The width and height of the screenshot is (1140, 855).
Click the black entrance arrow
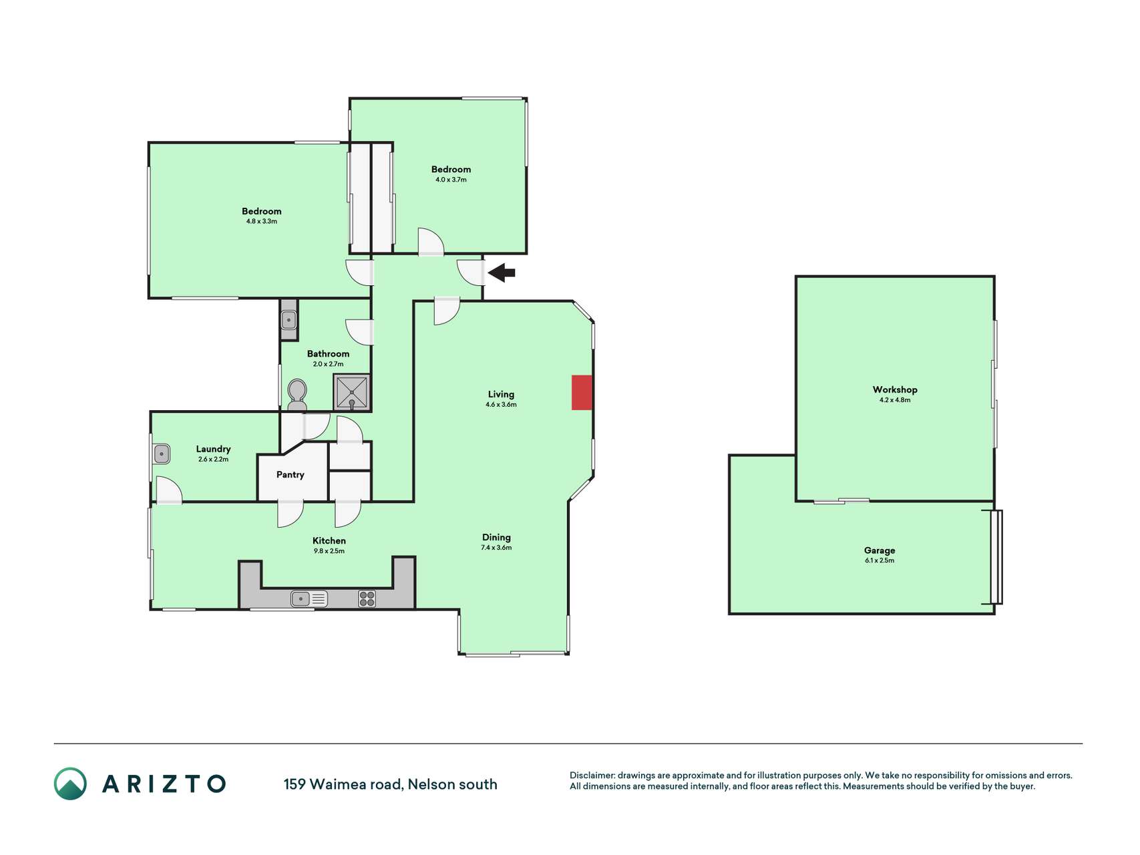tap(502, 273)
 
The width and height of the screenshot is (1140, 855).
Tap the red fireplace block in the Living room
tap(582, 393)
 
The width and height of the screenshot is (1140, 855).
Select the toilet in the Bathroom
tap(297, 395)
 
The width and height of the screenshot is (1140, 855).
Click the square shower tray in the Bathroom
tap(351, 392)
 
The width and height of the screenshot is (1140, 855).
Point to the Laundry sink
tap(162, 454)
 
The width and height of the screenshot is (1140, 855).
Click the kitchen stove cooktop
tap(367, 598)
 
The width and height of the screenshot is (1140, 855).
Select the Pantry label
tap(291, 475)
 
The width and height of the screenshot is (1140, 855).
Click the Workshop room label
tap(895, 389)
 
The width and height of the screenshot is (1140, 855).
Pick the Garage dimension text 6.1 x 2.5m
tap(880, 560)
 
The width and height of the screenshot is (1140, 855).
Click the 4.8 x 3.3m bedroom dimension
tap(262, 221)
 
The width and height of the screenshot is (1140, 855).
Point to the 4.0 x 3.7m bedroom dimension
tap(451, 180)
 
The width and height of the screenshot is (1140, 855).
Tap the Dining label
tap(496, 537)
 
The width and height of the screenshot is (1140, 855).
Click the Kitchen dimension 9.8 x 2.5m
tap(329, 551)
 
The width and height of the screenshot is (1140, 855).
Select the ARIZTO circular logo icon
tap(70, 784)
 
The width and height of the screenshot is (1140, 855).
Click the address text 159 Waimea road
tap(343, 784)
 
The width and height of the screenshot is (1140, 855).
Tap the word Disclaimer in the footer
tap(592, 776)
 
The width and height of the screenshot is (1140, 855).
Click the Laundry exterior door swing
tap(169, 490)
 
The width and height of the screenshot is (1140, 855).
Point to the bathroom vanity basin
tap(289, 321)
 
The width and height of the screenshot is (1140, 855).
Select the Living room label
tap(501, 394)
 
